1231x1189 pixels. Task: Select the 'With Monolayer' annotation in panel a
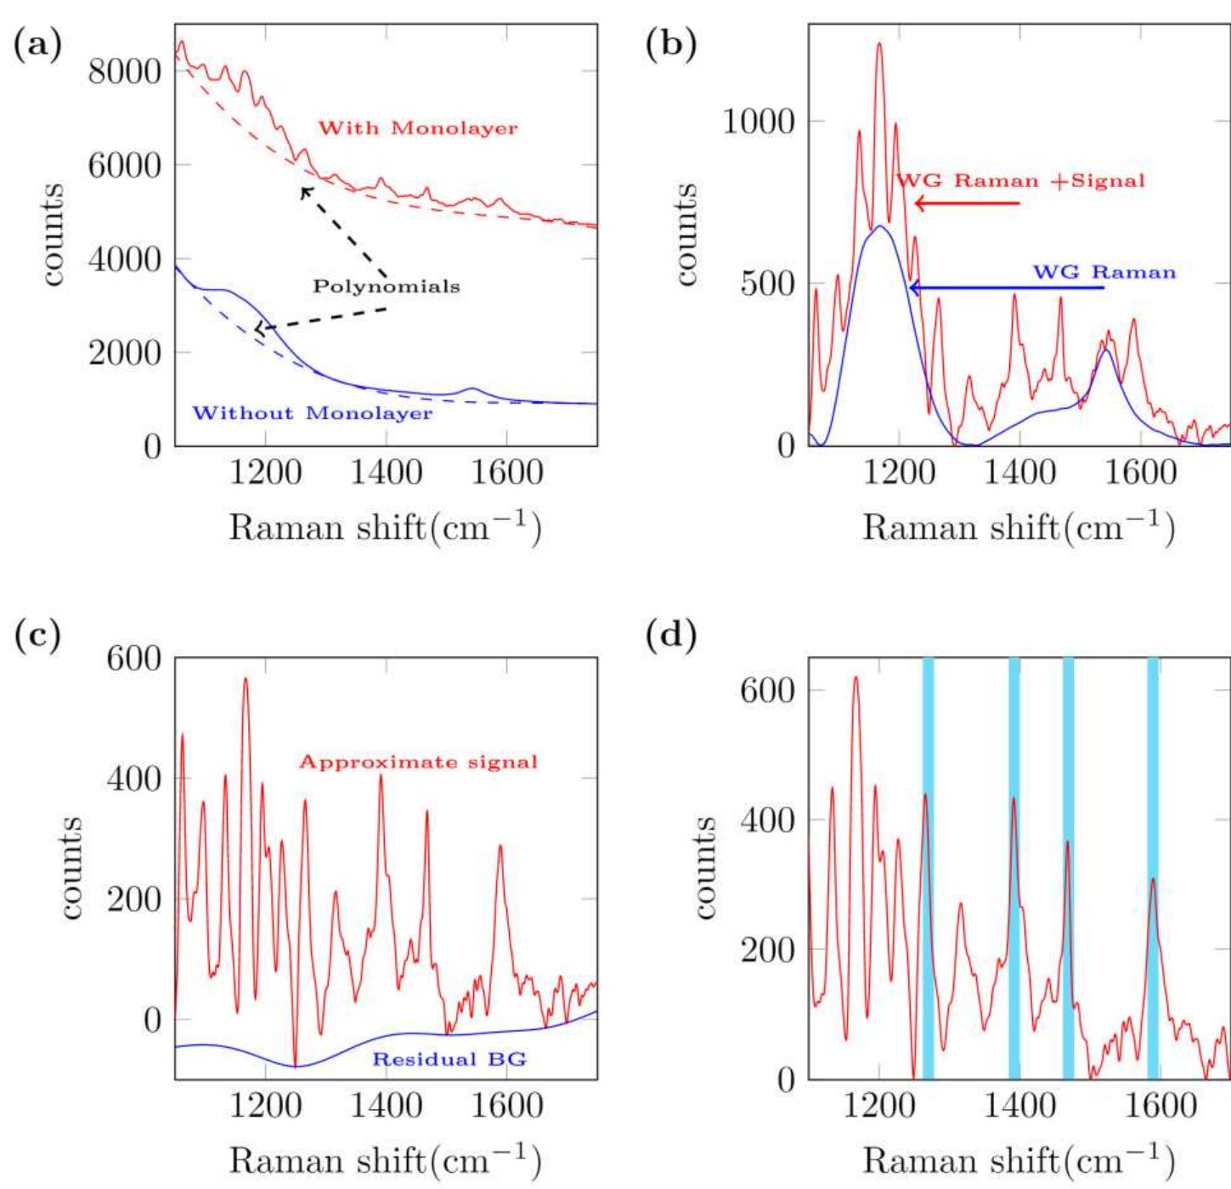(x=417, y=128)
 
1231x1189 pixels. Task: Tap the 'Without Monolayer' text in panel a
(x=312, y=413)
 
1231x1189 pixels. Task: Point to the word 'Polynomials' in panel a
(x=387, y=286)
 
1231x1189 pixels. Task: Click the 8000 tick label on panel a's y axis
(x=125, y=71)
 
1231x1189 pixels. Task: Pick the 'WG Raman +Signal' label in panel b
(x=1020, y=180)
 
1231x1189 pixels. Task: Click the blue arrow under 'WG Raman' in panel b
(x=1007, y=288)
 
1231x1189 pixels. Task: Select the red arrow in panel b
(x=967, y=203)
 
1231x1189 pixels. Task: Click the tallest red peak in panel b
(x=879, y=44)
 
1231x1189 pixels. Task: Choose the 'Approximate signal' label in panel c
(x=418, y=762)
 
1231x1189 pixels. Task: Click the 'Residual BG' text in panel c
(x=449, y=1059)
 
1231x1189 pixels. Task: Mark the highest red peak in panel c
(x=246, y=680)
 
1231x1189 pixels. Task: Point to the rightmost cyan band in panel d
(x=1153, y=867)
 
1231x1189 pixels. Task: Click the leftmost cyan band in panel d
(x=928, y=867)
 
